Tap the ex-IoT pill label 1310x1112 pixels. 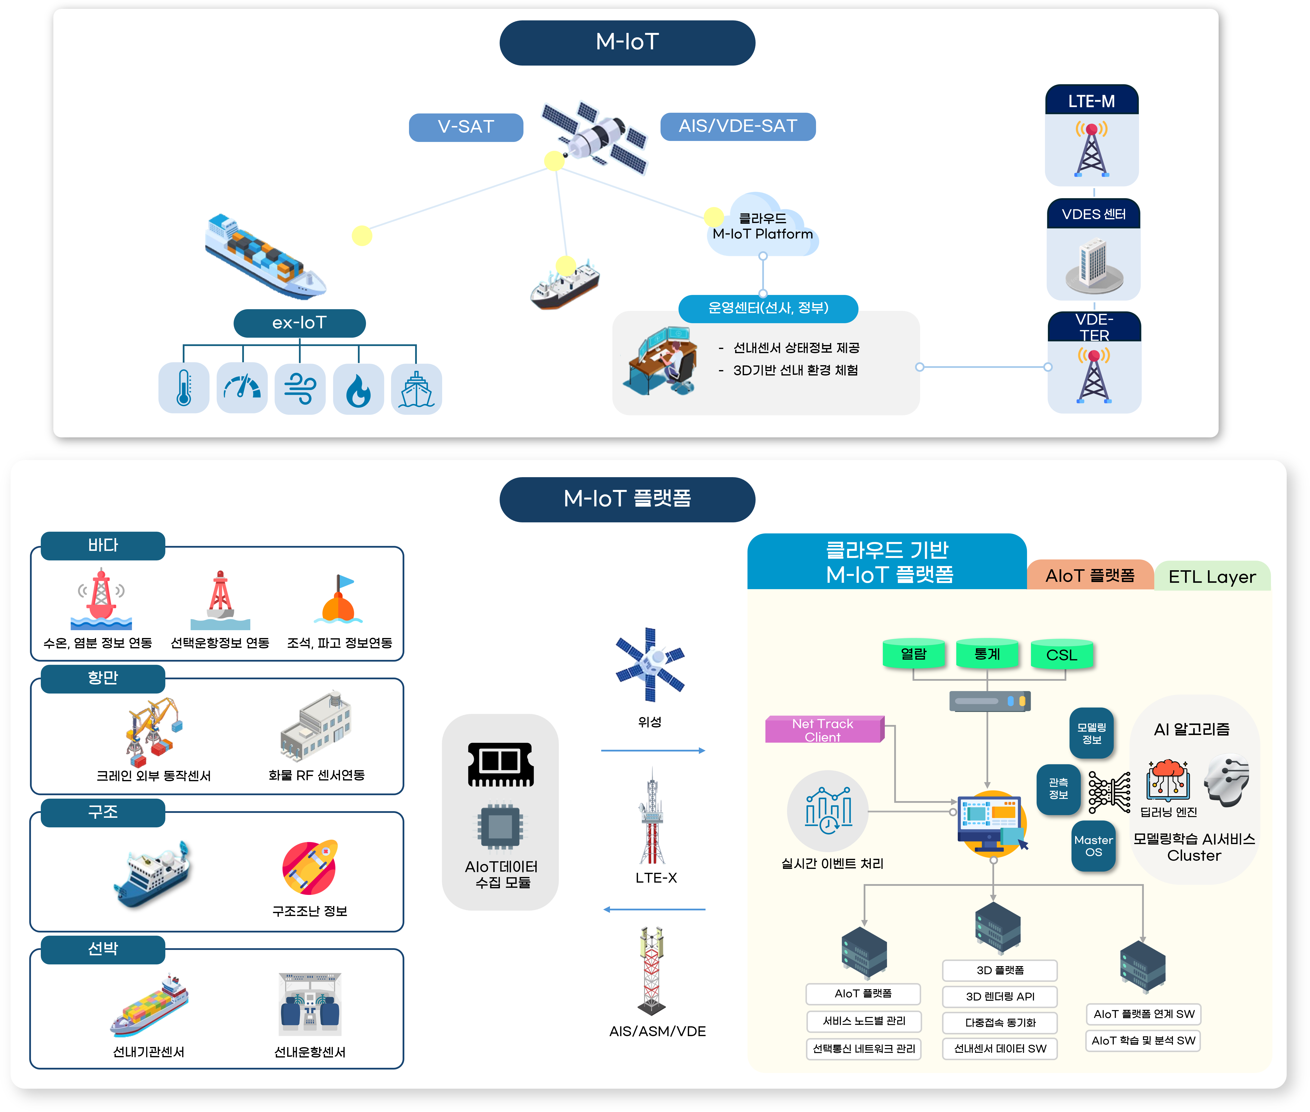[299, 323]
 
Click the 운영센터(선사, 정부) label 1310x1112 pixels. [768, 308]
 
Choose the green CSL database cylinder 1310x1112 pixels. [1062, 654]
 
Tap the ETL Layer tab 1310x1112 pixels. [1212, 576]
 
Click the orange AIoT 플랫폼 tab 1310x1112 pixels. [1090, 575]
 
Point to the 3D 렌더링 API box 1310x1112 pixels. [1000, 996]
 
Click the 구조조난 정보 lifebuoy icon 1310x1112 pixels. [310, 867]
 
